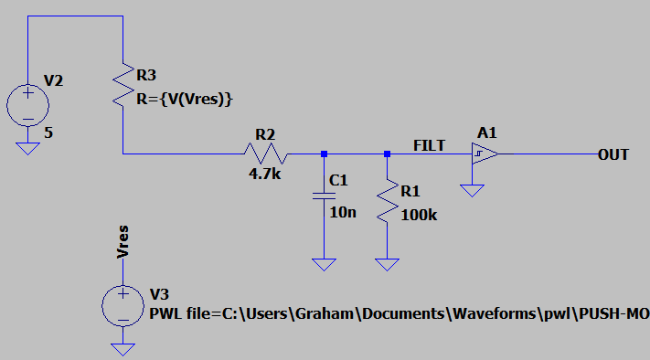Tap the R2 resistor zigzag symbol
tap(266, 154)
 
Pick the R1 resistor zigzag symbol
tap(388, 201)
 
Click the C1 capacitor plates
tap(325, 196)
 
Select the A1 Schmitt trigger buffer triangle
tap(485, 154)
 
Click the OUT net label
tap(613, 155)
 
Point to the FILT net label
tap(429, 145)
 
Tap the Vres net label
tap(123, 242)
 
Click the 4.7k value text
tap(264, 174)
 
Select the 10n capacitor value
tap(343, 213)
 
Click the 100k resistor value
tap(419, 215)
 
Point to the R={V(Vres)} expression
tap(185, 100)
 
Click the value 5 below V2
tap(48, 133)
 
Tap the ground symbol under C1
tap(325, 264)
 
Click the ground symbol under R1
tap(388, 264)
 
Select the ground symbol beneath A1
tap(472, 191)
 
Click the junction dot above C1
tap(325, 154)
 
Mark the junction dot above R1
tap(388, 154)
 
